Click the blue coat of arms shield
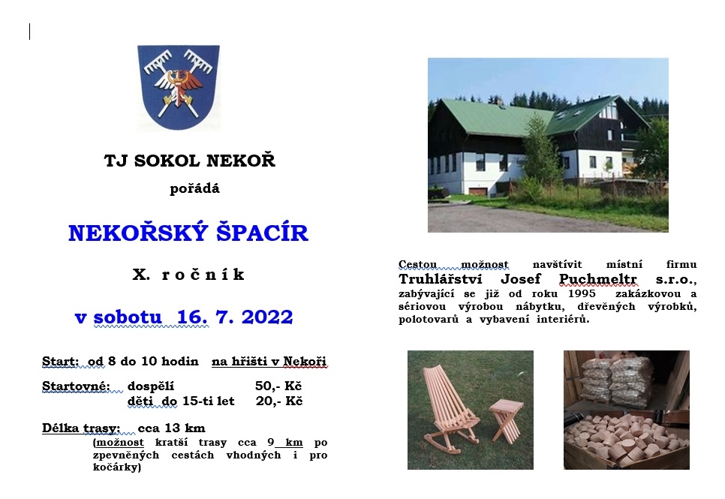[179, 87]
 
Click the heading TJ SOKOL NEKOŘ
[190, 161]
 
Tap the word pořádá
[194, 188]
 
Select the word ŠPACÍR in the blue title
[262, 232]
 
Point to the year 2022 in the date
[267, 317]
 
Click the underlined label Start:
[60, 361]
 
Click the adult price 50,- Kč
[278, 386]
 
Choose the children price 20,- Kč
[278, 401]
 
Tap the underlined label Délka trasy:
[81, 428]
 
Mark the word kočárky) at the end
[117, 467]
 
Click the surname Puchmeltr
[598, 279]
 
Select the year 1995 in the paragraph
[582, 293]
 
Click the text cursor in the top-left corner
[29, 32]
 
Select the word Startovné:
[77, 386]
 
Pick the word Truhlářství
[441, 279]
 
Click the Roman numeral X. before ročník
[141, 274]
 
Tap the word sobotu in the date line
[128, 317]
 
